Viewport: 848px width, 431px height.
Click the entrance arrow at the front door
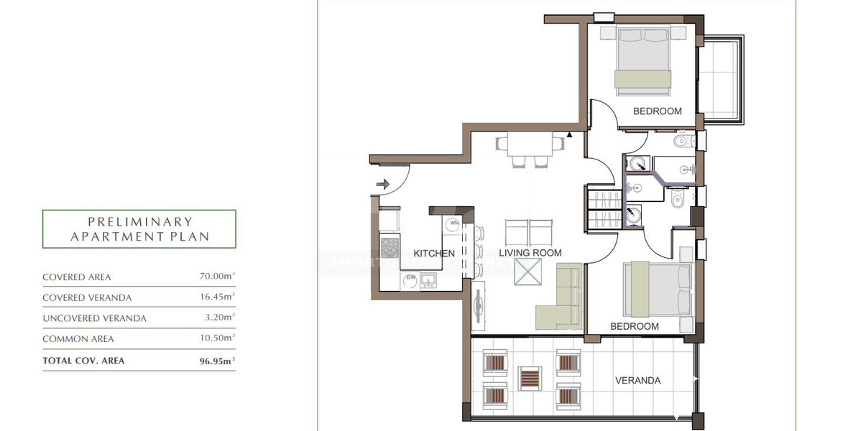tap(382, 185)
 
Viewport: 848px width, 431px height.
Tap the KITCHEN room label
tap(434, 254)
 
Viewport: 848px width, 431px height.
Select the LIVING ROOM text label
tap(530, 253)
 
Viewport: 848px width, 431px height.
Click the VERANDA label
tap(637, 381)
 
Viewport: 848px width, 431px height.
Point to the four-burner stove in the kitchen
tap(389, 248)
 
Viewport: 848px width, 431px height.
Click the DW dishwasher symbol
tap(411, 278)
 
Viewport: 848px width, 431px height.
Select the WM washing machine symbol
tap(453, 223)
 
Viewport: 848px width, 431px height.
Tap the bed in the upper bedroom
tap(643, 61)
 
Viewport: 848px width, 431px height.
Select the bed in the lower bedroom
tap(656, 289)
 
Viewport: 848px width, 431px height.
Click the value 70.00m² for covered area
tap(217, 277)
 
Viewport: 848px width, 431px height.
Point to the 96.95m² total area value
tap(216, 361)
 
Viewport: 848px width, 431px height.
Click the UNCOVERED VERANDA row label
tap(94, 318)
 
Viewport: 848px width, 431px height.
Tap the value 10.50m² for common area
tap(217, 338)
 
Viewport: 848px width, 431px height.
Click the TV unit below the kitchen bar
tap(477, 306)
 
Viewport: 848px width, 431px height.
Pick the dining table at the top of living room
tap(530, 144)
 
